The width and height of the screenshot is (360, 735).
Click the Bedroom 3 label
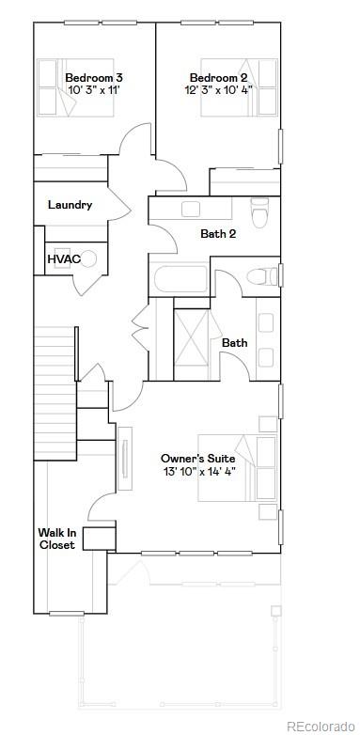(94, 77)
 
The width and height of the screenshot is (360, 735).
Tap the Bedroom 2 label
(217, 77)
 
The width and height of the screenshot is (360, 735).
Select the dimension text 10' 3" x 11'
(94, 90)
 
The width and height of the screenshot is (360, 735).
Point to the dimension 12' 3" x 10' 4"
(217, 90)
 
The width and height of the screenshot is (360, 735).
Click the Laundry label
(70, 205)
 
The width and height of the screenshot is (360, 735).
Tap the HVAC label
(64, 258)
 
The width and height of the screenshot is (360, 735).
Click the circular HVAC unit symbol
(89, 258)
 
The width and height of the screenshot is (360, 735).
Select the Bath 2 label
(218, 234)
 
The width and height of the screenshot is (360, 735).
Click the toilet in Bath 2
(260, 211)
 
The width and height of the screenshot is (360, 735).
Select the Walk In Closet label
(56, 539)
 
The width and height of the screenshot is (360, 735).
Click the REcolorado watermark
(321, 726)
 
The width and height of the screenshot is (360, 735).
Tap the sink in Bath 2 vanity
(192, 210)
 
